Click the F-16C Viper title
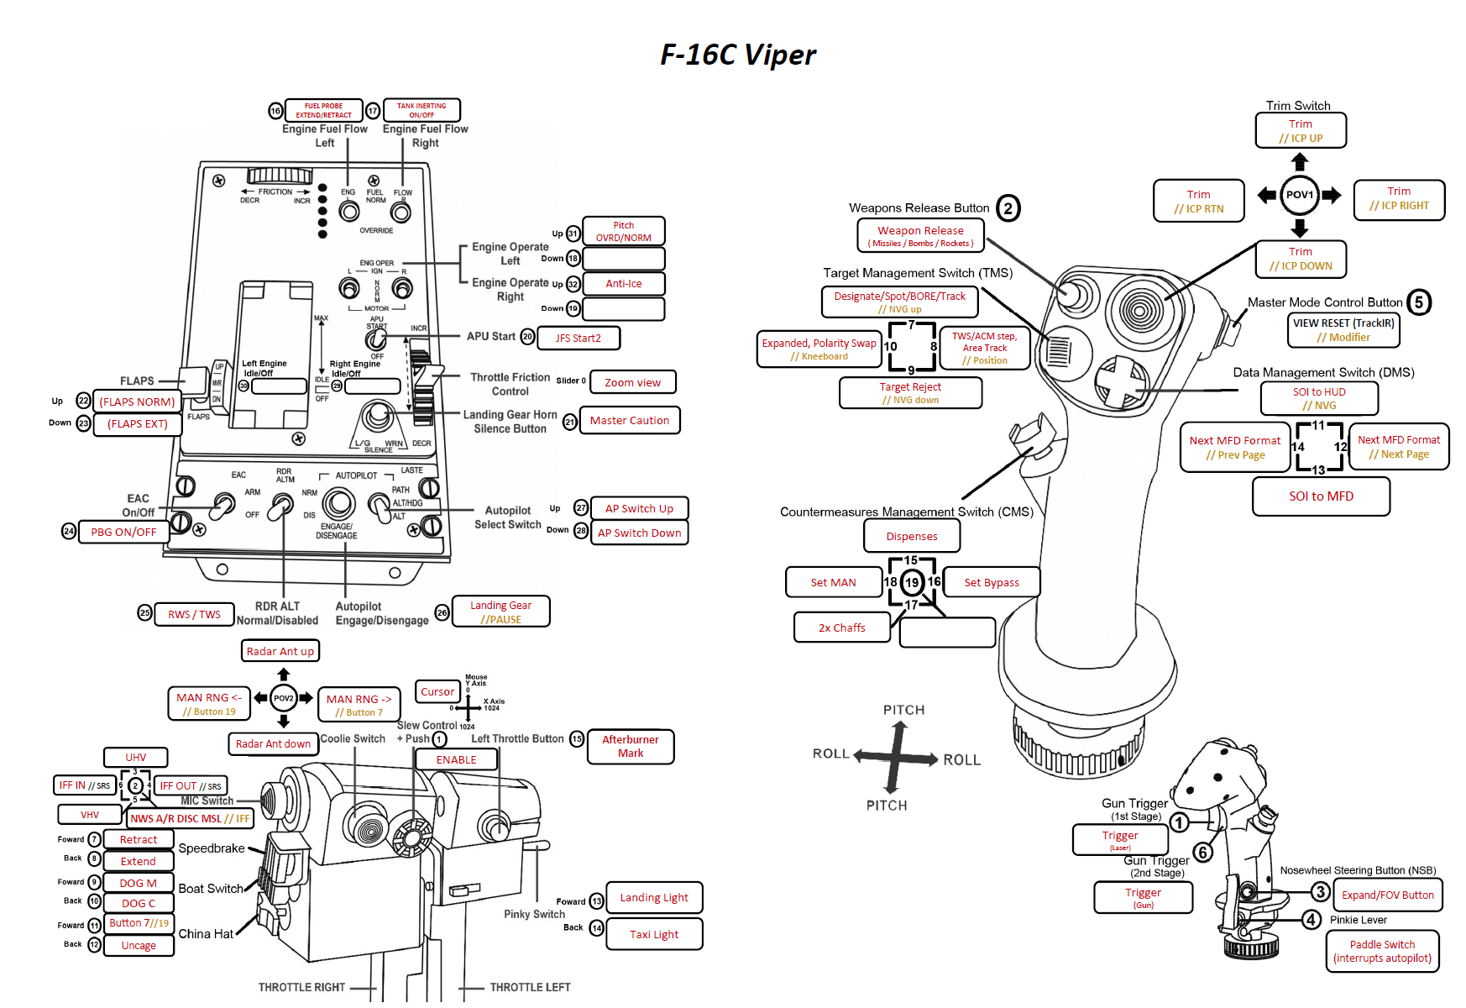click(737, 55)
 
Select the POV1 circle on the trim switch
click(1299, 195)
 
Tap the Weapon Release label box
click(920, 236)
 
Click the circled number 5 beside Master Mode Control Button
click(1419, 302)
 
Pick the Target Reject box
click(910, 392)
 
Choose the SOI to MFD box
click(1321, 496)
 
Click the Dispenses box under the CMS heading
click(912, 536)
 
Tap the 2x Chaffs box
click(841, 627)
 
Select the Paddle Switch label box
click(1382, 951)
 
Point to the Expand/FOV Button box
click(1387, 895)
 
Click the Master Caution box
click(629, 420)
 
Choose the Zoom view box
click(632, 382)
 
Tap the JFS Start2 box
click(579, 338)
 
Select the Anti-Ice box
click(623, 284)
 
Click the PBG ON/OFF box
click(123, 532)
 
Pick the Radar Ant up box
click(280, 651)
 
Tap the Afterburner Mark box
click(631, 746)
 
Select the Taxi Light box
click(654, 934)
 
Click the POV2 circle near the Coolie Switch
click(284, 698)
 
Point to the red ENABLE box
click(456, 759)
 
